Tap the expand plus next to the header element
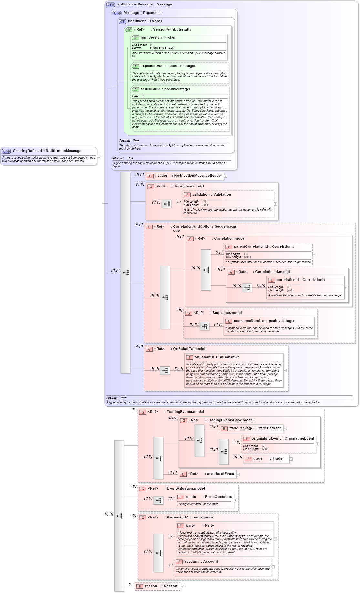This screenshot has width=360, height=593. pyautogui.click(x=226, y=176)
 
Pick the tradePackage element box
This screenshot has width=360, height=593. pyautogui.click(x=252, y=428)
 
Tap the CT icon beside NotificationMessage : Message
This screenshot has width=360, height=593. pyautogui.click(x=111, y=5)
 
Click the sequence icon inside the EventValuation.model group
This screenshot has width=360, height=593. pyautogui.click(x=159, y=500)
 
